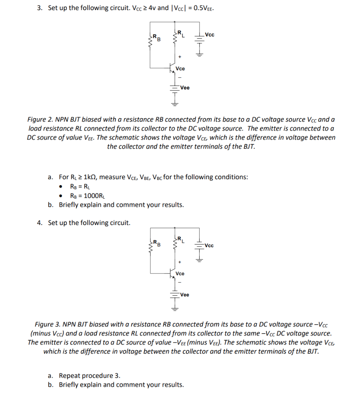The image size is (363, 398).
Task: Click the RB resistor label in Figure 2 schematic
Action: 156,38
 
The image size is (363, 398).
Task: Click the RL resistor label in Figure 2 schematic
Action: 181,34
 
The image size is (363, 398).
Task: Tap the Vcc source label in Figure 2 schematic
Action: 210,35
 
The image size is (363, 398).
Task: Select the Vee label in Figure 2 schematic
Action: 185,88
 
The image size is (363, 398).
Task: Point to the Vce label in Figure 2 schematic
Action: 180,68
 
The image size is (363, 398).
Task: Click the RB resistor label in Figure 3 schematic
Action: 156,243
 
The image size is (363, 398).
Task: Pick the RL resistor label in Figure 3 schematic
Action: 181,240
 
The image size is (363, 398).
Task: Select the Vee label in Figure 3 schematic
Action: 185,295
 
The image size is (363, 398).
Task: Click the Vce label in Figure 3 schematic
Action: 180,274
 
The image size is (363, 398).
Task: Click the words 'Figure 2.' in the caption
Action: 41,119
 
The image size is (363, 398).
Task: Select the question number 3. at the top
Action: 40,8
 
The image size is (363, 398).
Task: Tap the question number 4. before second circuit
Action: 40,223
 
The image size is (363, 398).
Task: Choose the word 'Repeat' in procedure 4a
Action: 70,375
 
